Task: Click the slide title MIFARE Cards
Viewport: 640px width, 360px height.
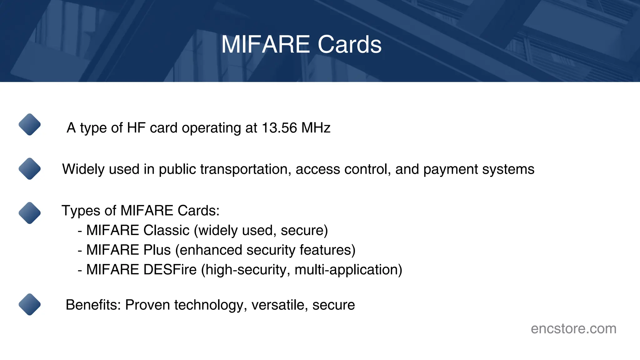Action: point(301,44)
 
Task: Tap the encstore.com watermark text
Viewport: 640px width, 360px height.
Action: point(573,328)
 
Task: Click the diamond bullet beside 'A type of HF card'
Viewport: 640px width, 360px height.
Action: point(30,124)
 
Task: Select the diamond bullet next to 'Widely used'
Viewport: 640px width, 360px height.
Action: point(30,169)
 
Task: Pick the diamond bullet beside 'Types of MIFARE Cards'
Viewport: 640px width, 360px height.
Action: point(30,213)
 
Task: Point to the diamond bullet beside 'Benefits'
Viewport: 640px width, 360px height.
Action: point(30,304)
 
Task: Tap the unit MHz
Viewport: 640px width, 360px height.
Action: point(316,128)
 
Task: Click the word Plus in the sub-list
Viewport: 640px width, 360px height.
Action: point(157,250)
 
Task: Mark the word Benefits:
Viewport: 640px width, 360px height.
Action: point(93,305)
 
